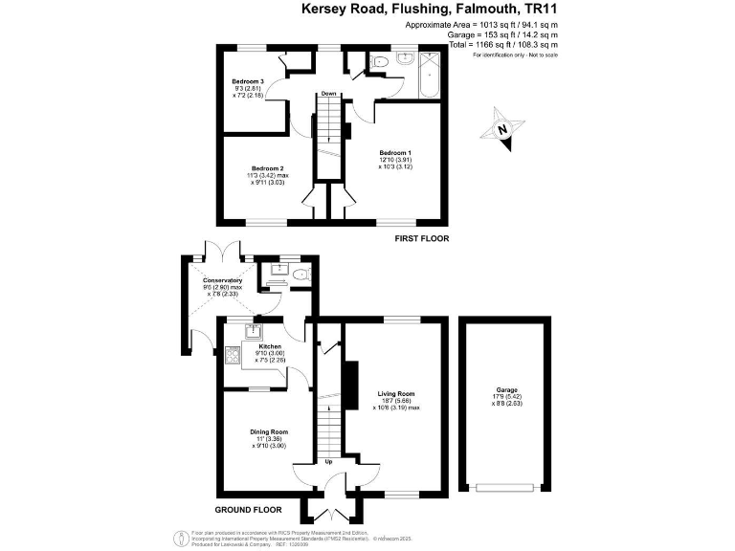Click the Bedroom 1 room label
(395, 153)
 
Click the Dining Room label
(270, 431)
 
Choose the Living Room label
(395, 393)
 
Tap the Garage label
(507, 389)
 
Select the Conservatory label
(224, 280)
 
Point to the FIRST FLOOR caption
(422, 238)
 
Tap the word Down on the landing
(328, 94)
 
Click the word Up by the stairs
(330, 462)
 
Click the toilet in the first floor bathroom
(379, 61)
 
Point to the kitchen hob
(231, 355)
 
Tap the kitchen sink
(254, 331)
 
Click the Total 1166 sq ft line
(487, 44)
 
